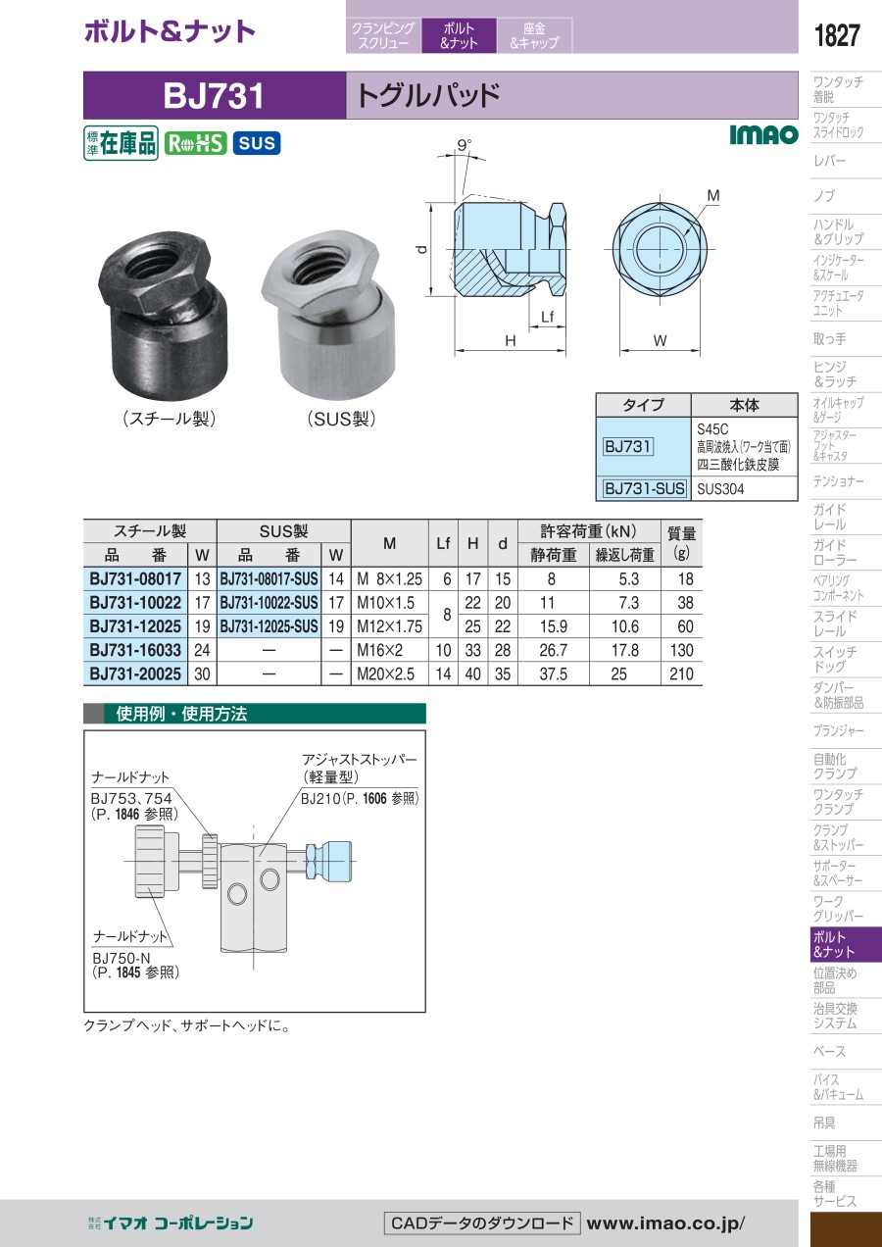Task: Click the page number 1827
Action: click(837, 35)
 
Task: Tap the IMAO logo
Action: click(763, 134)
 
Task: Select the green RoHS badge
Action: click(195, 143)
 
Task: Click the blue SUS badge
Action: click(257, 143)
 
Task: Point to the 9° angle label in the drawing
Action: click(465, 145)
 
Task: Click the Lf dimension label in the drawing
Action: click(547, 317)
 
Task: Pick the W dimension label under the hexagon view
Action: click(660, 340)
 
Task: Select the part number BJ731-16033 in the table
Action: click(135, 650)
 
